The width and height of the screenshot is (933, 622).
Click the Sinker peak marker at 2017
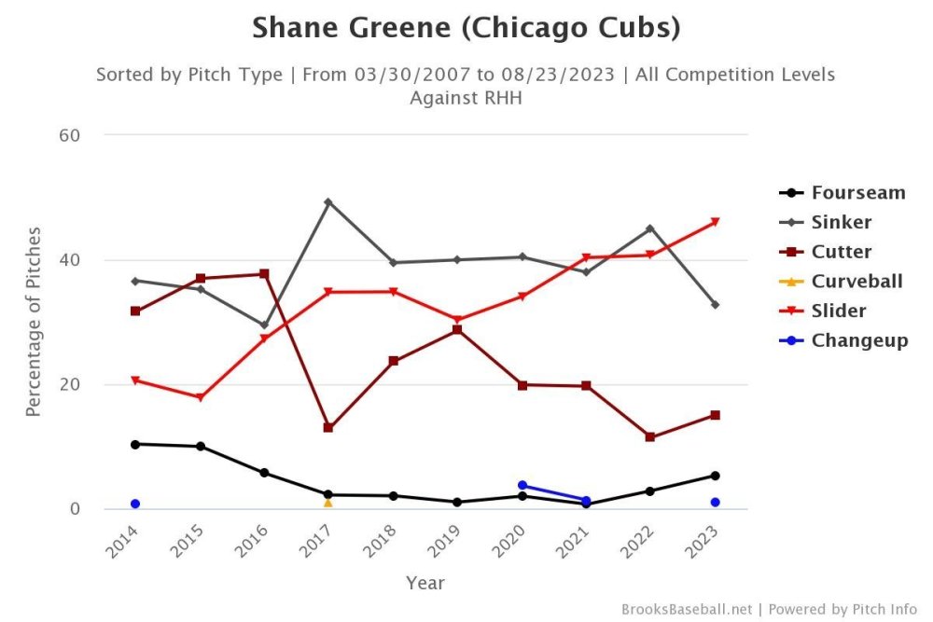coord(328,201)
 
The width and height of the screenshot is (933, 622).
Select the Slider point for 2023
coord(715,222)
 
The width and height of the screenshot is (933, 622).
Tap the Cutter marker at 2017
coord(328,427)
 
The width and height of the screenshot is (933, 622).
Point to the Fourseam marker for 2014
coord(135,444)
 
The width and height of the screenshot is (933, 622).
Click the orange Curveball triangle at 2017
coord(328,503)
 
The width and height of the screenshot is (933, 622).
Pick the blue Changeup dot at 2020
coord(522,485)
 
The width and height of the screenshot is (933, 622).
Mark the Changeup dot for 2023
coord(715,502)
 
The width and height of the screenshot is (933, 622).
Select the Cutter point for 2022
coord(650,436)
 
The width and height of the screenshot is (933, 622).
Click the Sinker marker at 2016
coord(264,325)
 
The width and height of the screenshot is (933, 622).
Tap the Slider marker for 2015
coord(200,398)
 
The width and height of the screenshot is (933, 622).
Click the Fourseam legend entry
coord(857,193)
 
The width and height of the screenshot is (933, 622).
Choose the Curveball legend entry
coord(856,281)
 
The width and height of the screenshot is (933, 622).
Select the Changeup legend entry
coord(859,340)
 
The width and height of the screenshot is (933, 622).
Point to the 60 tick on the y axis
coord(70,135)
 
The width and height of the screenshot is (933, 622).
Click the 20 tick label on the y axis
coord(70,384)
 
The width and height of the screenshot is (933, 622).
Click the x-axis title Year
coord(425,583)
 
